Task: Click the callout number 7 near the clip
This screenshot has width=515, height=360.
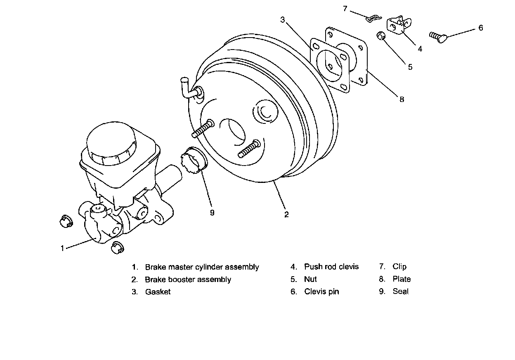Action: pos(345,9)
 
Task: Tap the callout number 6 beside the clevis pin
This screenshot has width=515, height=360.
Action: pos(480,28)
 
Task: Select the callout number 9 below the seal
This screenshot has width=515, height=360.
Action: pos(212,213)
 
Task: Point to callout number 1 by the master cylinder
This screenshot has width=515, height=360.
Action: pos(62,248)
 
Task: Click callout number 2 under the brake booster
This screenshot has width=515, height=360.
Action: pos(286,214)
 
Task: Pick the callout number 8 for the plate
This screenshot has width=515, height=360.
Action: pos(402,99)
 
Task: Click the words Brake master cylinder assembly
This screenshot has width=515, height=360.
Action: pos(202,267)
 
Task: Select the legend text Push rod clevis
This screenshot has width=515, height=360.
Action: pos(331,267)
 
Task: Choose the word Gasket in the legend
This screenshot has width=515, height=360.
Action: pos(158,292)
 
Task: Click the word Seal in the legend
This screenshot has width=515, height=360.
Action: pos(400,291)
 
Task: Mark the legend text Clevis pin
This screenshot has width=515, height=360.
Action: pos(321,291)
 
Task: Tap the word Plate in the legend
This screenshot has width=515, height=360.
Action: pos(402,279)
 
